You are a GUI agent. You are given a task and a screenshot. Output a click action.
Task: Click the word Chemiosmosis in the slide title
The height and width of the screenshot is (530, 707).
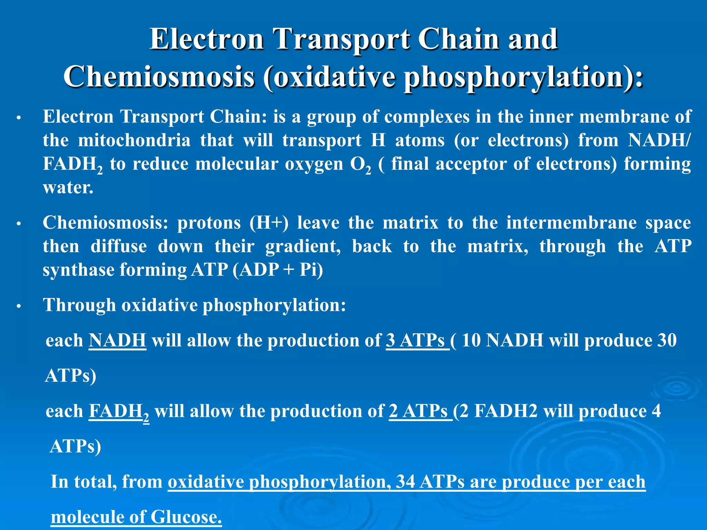159,76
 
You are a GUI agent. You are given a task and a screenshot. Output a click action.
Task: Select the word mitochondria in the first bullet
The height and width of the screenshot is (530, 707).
134,140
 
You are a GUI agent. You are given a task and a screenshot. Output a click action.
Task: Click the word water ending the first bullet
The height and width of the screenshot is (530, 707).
68,187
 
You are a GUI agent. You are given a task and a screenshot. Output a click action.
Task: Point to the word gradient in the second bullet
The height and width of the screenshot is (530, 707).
303,246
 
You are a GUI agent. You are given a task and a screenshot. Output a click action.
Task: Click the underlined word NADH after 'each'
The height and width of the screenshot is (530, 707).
117,340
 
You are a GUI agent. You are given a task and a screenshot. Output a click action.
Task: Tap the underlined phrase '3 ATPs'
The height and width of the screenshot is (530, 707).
417,340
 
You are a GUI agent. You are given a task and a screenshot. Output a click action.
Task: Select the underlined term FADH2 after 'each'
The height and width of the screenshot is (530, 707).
119,411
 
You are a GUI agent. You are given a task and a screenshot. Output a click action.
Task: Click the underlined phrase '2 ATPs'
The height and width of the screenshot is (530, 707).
419,411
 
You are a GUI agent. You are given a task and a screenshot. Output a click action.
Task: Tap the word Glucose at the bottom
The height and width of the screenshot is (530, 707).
186,517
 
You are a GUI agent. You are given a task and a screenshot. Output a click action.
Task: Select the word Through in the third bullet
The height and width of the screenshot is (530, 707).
79,305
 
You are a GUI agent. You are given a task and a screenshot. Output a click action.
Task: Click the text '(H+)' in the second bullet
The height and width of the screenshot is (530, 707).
269,223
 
